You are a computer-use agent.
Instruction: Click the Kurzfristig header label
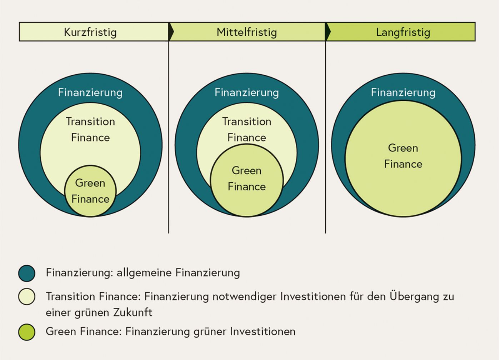pos(90,32)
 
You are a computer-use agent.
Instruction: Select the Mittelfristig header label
pos(246,32)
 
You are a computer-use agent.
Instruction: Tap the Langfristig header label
pos(403,32)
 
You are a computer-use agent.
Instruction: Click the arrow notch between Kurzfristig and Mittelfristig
pos(171,32)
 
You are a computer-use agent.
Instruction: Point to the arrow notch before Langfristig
pos(328,32)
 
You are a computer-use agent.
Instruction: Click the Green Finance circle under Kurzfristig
pos(90,191)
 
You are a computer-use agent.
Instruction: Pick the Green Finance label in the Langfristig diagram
pos(403,156)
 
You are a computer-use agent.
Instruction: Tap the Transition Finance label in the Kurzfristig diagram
pos(90,129)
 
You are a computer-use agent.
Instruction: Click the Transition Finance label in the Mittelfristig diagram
pos(246,129)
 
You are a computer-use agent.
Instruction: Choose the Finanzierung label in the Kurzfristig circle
pos(90,92)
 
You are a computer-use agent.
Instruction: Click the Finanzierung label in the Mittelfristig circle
pos(246,92)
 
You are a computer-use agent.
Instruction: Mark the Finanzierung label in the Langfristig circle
pos(403,92)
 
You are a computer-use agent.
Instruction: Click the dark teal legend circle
pos(27,273)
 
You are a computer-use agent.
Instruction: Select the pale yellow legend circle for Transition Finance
pos(27,296)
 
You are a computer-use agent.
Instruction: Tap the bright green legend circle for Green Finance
pos(27,332)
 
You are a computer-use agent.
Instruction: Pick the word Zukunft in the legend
pos(133,312)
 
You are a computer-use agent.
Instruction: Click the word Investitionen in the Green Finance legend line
pos(262,331)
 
